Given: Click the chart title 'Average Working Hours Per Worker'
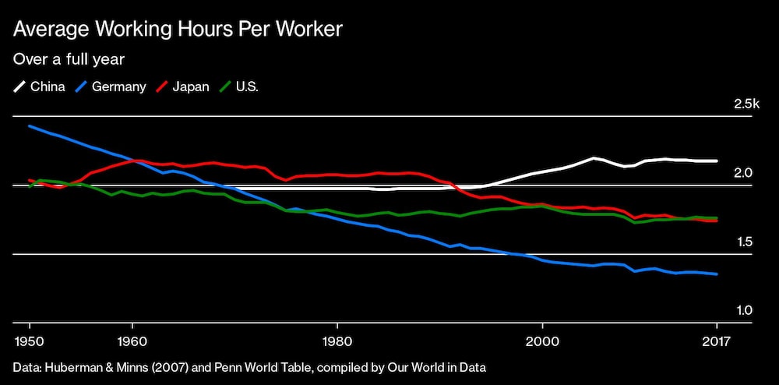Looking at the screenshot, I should tap(178, 30).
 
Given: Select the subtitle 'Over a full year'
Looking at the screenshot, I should tap(69, 58).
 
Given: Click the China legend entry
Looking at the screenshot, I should tap(39, 87).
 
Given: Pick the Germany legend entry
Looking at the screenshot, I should tap(111, 87).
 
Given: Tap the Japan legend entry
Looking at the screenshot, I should tap(183, 87).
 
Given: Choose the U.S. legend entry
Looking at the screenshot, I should tap(239, 87).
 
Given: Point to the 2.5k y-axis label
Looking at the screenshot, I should tap(746, 104).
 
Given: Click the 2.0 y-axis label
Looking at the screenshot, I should tap(743, 173).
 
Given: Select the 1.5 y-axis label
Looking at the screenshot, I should tap(743, 242).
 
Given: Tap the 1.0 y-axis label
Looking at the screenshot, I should tap(743, 310).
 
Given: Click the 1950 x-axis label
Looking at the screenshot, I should tap(30, 341).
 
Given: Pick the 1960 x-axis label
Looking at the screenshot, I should tap(132, 341).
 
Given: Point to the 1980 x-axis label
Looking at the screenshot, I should tap(337, 341).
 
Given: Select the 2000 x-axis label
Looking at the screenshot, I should tap(542, 341).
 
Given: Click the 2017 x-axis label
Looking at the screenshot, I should tap(717, 341).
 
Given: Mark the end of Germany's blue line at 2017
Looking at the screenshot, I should tap(717, 274).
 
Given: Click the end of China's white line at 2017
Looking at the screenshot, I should tap(717, 161).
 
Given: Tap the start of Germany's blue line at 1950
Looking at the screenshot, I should tap(30, 125).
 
